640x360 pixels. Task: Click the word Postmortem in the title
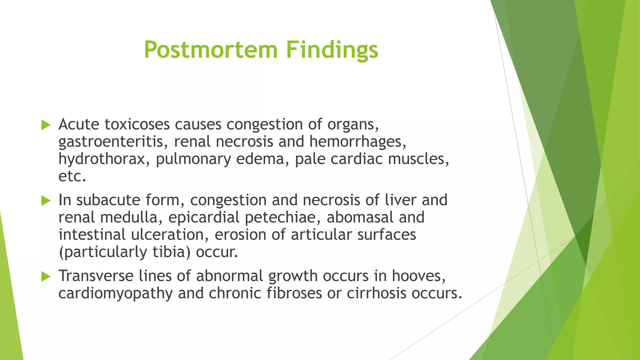pyautogui.click(x=211, y=50)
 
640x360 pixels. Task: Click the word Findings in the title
pyautogui.click(x=332, y=50)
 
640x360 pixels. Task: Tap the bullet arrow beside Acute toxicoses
pyautogui.click(x=46, y=125)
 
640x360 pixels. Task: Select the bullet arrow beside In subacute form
pyautogui.click(x=46, y=201)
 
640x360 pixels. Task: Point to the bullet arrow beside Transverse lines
pyautogui.click(x=46, y=277)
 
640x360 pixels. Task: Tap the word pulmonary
pyautogui.click(x=193, y=159)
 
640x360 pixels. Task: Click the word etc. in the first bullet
pyautogui.click(x=72, y=177)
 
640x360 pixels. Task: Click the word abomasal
pyautogui.click(x=360, y=217)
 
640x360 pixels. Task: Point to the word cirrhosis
pyautogui.click(x=376, y=293)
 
